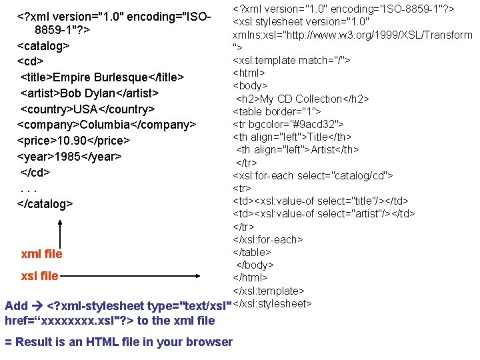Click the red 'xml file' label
(x=41, y=254)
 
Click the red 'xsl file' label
(x=39, y=276)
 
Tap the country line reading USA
(x=87, y=109)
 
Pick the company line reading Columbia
(x=106, y=125)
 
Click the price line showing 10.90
(x=73, y=141)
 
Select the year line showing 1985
(x=69, y=157)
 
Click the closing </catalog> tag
(x=45, y=203)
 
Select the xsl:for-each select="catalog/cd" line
(x=313, y=175)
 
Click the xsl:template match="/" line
(x=291, y=60)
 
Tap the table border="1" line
(x=277, y=111)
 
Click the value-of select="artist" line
(x=323, y=213)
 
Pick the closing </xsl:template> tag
(x=268, y=291)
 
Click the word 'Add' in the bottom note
(x=16, y=306)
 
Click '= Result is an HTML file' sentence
(x=119, y=342)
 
